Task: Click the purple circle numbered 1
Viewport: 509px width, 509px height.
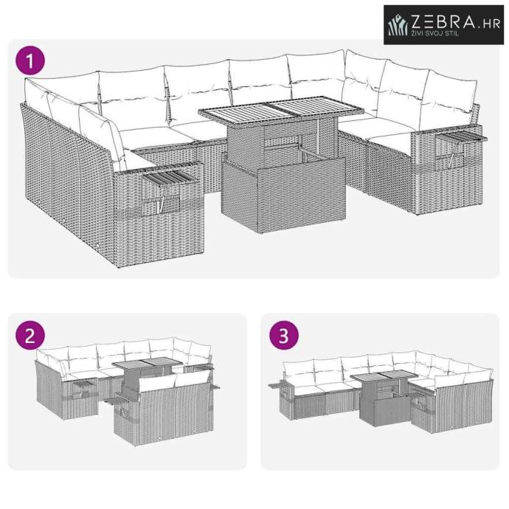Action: (30, 60)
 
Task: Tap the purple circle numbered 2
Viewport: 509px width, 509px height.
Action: (30, 336)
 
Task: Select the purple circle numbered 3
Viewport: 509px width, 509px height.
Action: (284, 336)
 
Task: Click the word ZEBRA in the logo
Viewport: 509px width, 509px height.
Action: (443, 22)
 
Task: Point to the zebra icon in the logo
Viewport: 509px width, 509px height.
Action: (398, 24)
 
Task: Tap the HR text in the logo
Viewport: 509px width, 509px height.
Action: (491, 24)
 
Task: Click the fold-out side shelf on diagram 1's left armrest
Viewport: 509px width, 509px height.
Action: (170, 176)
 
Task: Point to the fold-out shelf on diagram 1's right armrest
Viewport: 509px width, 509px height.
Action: (461, 138)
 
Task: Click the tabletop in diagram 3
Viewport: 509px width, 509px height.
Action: (385, 378)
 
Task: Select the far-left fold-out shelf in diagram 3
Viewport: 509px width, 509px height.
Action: (276, 386)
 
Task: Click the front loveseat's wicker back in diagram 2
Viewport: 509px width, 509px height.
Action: (177, 407)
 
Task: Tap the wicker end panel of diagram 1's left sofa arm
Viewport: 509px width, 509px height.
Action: (159, 214)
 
